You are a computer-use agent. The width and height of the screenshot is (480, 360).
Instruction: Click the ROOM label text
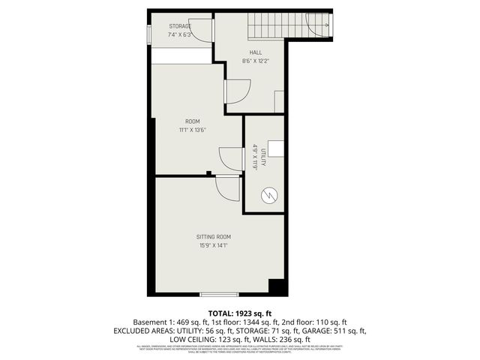point(193,121)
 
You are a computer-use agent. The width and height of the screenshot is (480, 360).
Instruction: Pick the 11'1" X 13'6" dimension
point(193,130)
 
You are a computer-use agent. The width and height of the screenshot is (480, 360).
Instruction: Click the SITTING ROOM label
point(213,236)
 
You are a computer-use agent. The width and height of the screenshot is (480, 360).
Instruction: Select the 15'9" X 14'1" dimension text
point(213,245)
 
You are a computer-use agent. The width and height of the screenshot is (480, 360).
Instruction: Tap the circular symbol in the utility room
point(268,196)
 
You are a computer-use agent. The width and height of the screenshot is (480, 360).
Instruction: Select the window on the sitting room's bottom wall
point(219,294)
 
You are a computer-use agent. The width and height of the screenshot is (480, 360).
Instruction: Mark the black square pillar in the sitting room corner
point(277,286)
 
